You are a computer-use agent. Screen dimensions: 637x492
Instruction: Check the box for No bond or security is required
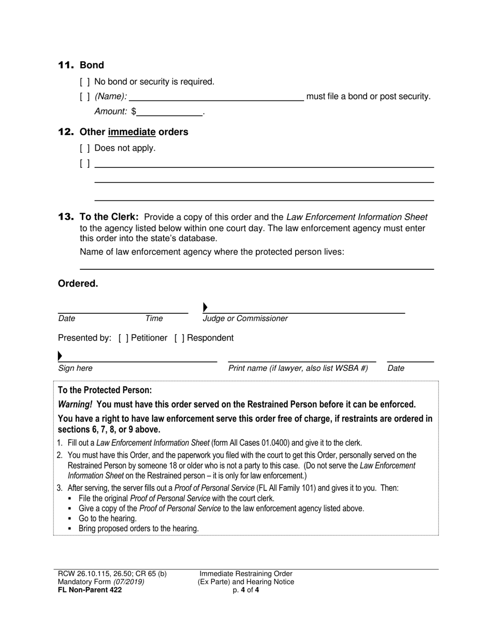pyautogui.click(x=85, y=82)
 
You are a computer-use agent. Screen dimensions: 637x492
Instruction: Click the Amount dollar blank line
pyautogui.click(x=170, y=112)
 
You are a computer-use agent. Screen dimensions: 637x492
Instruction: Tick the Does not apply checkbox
pyautogui.click(x=85, y=148)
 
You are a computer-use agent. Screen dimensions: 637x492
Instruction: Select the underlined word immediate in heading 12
pyautogui.click(x=132, y=132)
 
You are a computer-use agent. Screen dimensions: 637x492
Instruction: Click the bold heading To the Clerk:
pyautogui.click(x=109, y=217)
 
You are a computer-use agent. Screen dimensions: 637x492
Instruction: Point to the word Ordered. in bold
pyautogui.click(x=78, y=284)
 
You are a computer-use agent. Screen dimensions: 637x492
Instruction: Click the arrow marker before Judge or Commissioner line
pyautogui.click(x=205, y=308)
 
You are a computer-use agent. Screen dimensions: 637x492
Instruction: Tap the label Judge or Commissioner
pyautogui.click(x=245, y=319)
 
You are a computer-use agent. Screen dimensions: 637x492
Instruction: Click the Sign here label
pyautogui.click(x=75, y=368)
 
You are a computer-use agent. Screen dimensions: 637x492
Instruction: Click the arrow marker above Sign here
pyautogui.click(x=60, y=356)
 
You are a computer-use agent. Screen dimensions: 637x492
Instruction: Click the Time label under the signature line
pyautogui.click(x=154, y=319)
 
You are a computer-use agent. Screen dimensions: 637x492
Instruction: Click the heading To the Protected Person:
pyautogui.click(x=105, y=390)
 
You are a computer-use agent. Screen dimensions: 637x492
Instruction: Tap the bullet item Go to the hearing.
pyautogui.click(x=108, y=518)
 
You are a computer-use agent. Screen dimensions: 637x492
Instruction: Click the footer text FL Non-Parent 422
pyautogui.click(x=90, y=589)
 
